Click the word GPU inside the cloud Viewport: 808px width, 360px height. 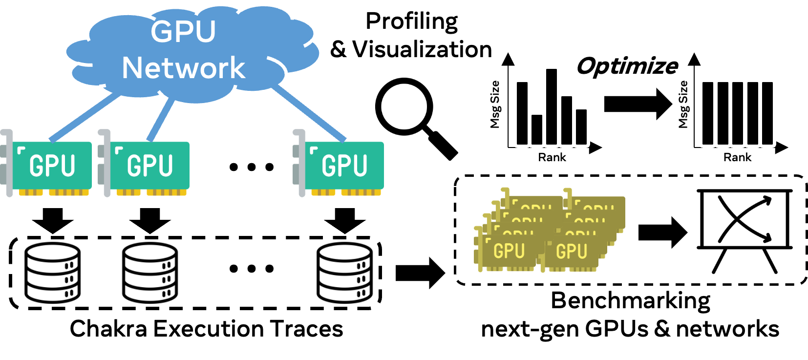(x=183, y=32)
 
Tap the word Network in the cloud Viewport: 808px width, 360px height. (x=183, y=68)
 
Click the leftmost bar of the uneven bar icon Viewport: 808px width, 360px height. (x=522, y=112)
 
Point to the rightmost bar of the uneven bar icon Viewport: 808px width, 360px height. (x=582, y=127)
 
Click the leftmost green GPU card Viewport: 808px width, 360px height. (x=52, y=165)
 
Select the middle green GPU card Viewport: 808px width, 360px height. (x=149, y=165)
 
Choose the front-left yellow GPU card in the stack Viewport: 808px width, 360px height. (x=508, y=252)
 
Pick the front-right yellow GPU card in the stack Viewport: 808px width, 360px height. (x=572, y=252)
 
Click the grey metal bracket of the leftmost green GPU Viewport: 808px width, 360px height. (x=9, y=164)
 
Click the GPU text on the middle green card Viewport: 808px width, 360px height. (x=150, y=166)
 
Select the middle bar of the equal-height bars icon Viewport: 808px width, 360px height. (x=738, y=113)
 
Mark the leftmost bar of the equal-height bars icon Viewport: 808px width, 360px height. (x=708, y=113)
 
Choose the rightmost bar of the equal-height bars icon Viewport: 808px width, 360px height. (x=768, y=113)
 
